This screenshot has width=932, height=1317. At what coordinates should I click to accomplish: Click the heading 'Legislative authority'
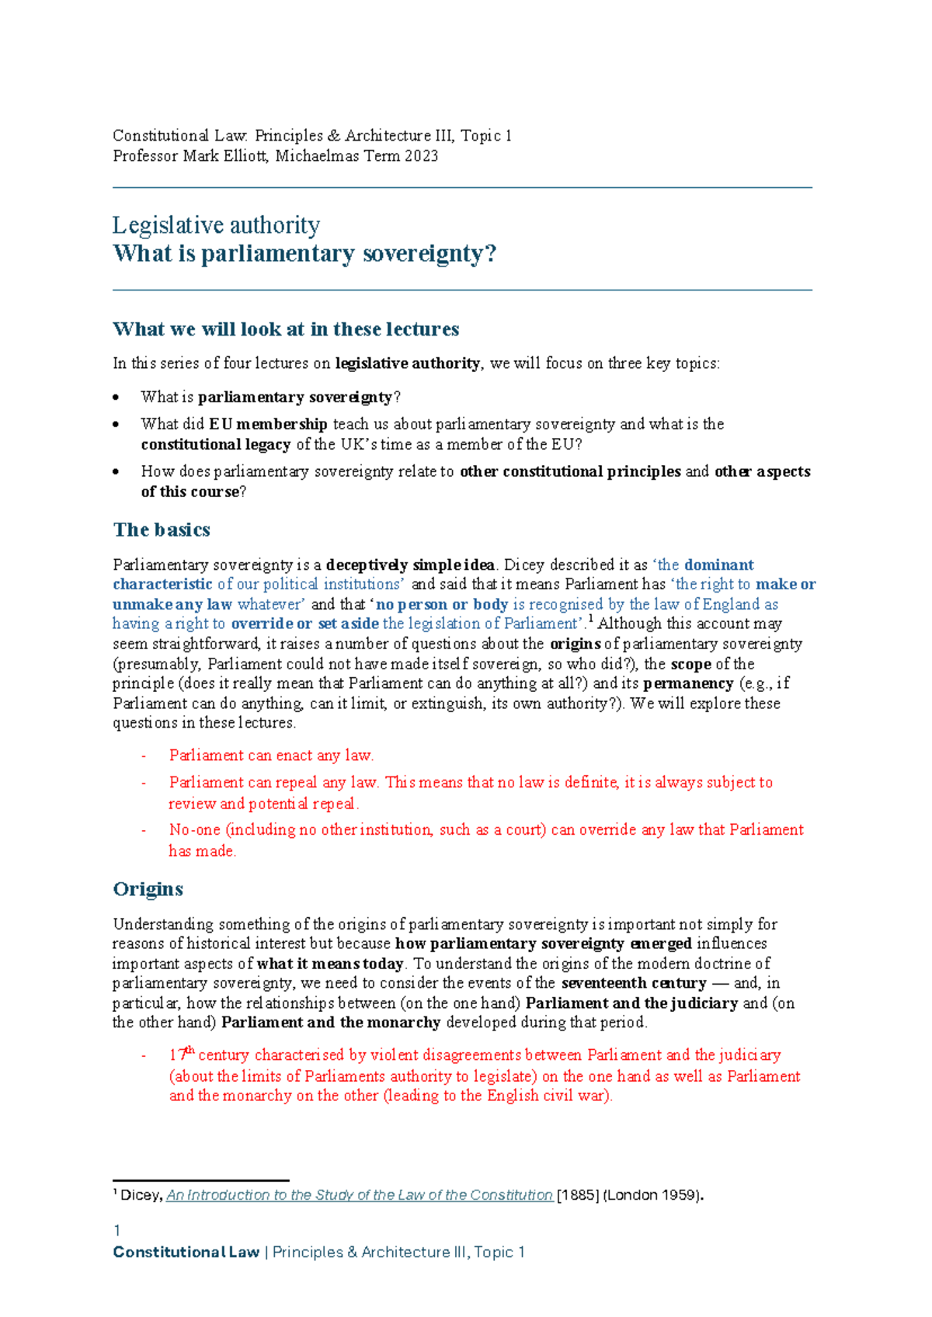coord(216,225)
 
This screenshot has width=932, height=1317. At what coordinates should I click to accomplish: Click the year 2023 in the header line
coord(421,156)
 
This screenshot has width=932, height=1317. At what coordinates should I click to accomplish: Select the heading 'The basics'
coord(162,530)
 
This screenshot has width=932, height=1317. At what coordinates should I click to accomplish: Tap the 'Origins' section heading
coord(148,889)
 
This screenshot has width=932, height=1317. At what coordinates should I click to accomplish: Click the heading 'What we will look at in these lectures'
coord(286,329)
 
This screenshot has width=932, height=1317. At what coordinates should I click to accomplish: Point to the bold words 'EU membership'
coord(268,424)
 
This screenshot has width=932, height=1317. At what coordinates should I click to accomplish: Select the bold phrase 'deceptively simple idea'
coord(410,565)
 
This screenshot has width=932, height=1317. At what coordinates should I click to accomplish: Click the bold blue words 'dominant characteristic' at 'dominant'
coord(718,565)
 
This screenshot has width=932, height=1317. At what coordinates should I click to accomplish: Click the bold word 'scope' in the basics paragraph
coord(690,664)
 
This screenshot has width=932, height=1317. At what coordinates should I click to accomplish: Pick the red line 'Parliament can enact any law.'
coord(271,756)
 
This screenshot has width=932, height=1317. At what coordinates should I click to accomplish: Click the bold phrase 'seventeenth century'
coord(633,983)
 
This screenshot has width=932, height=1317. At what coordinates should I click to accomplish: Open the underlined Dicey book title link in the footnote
coord(359,1195)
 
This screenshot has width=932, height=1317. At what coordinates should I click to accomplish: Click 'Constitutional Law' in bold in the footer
coord(186,1253)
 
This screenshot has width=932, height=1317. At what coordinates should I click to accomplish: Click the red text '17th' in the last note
coord(181,1055)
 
